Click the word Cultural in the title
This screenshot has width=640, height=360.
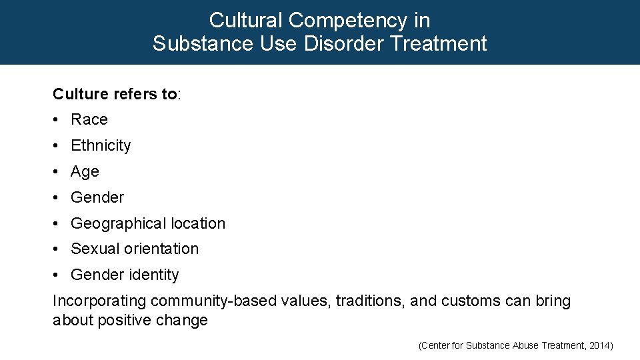pos(243,20)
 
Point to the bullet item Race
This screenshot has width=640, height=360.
pos(89,119)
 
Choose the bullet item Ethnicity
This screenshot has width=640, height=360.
pos(101,145)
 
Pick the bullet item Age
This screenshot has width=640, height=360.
pos(85,171)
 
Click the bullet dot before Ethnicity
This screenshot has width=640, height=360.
pos(57,145)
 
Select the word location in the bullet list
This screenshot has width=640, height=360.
pos(194,223)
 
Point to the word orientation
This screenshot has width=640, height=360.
pos(161,249)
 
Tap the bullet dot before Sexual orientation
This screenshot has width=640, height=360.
pos(57,249)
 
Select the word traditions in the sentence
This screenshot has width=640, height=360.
pos(370,301)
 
